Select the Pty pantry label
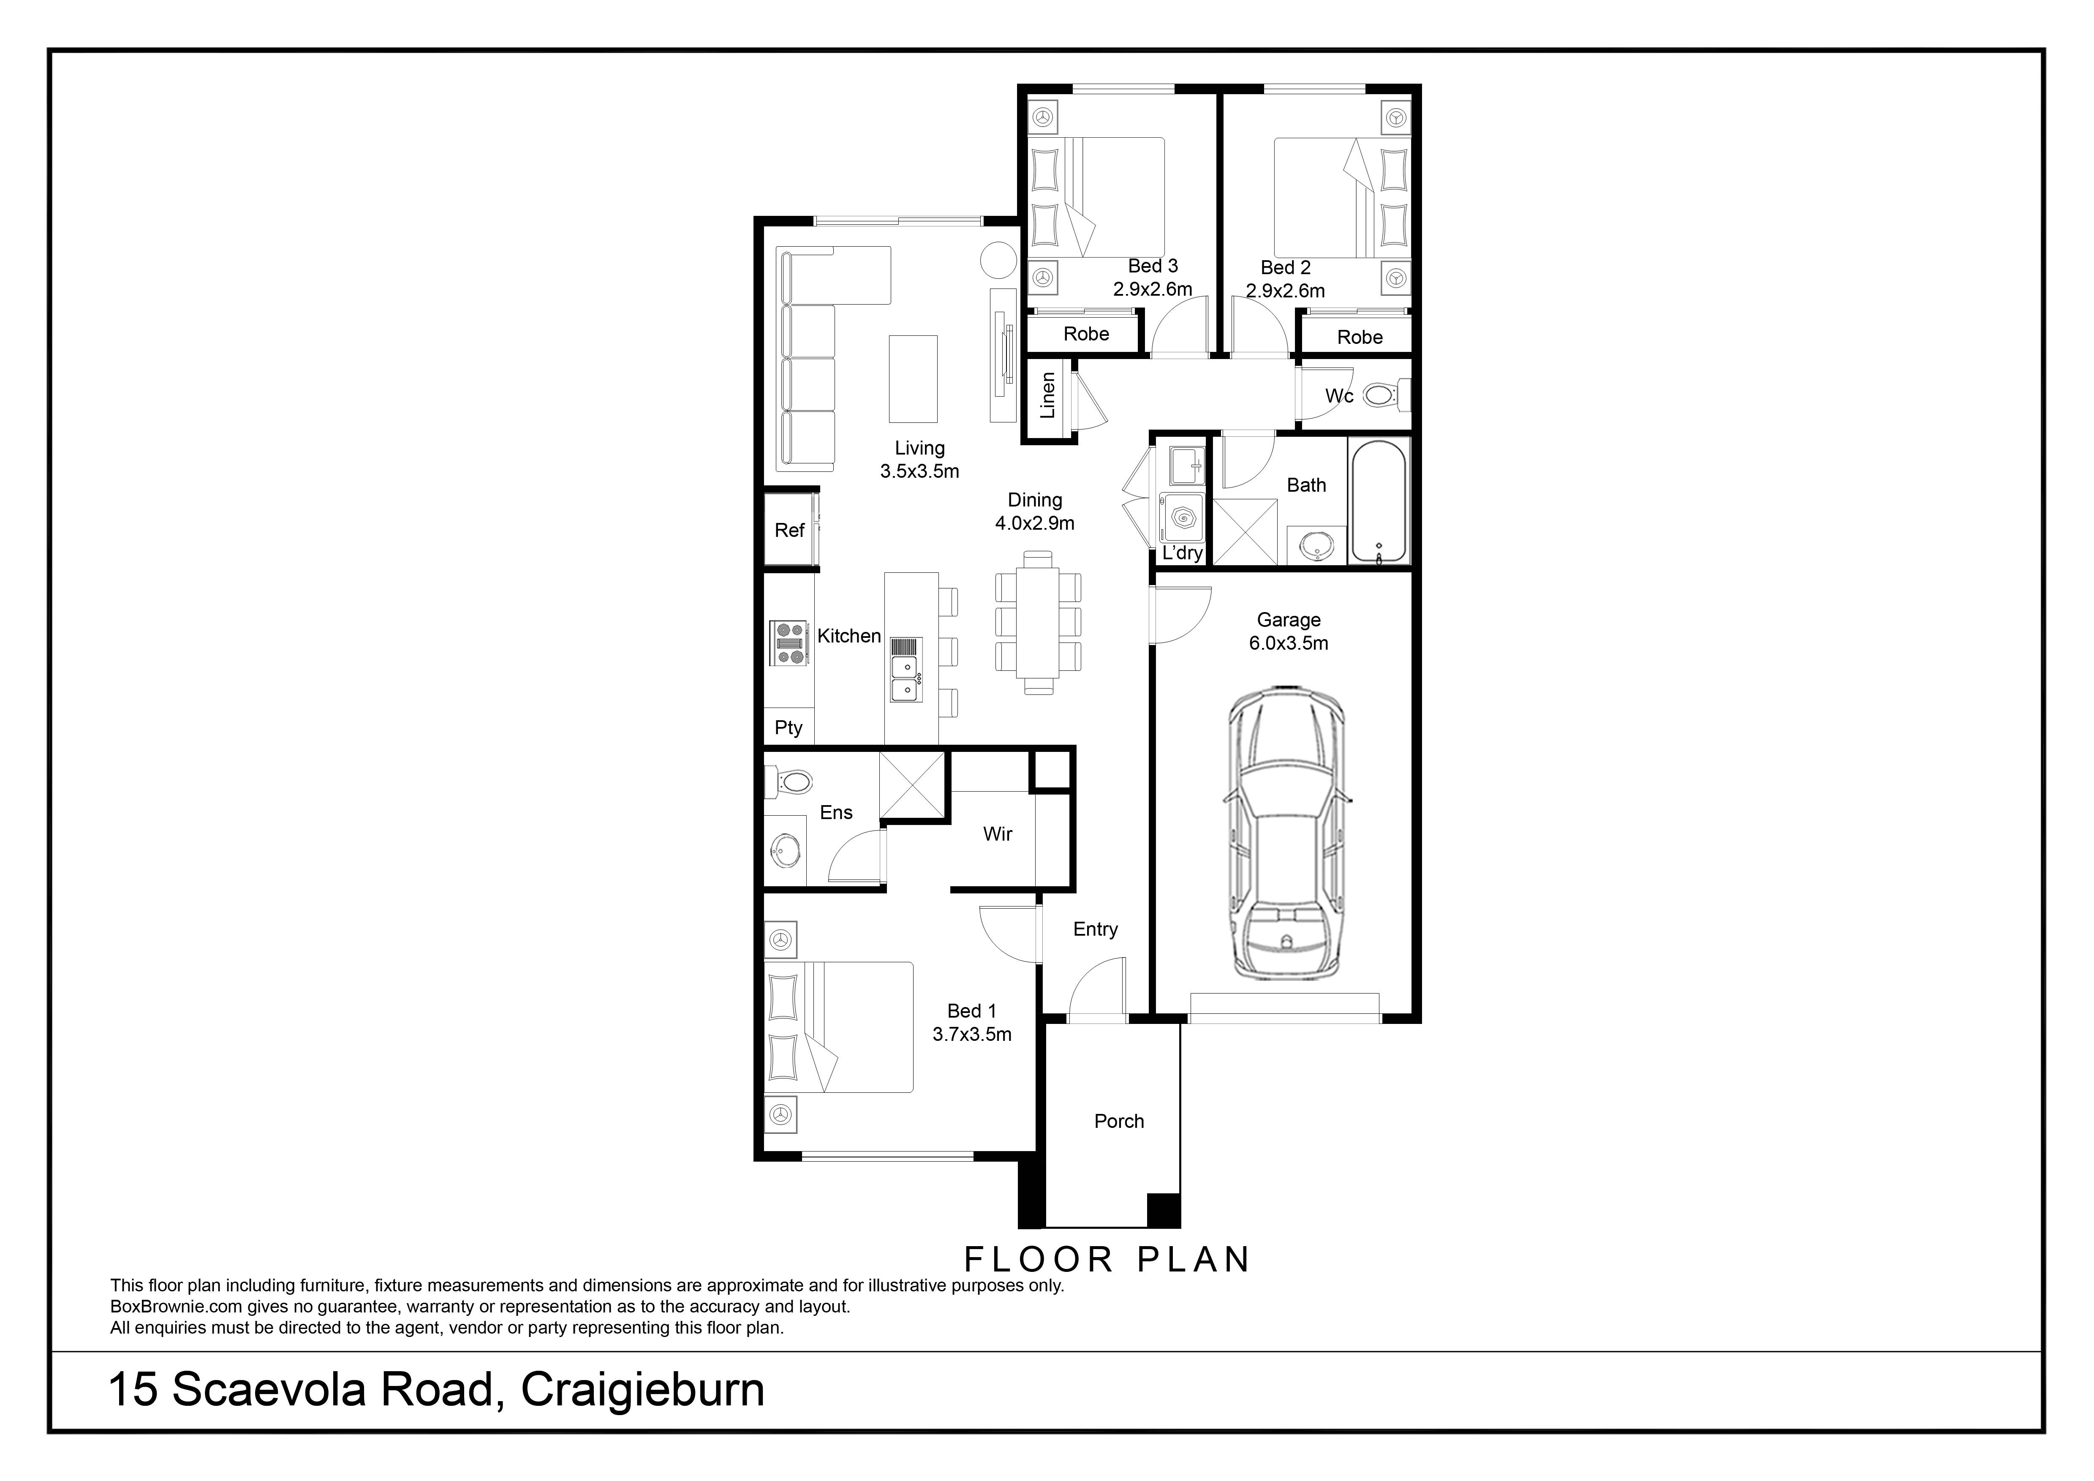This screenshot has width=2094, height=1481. [788, 728]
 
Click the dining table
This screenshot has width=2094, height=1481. [1038, 623]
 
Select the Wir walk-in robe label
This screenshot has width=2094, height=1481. [998, 833]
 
